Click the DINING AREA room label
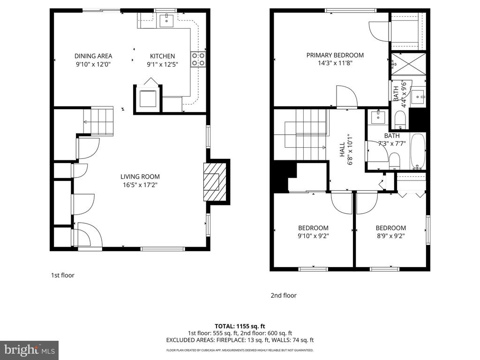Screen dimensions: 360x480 93,56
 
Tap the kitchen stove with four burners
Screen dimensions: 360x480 198,59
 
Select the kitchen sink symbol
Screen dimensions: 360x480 167,20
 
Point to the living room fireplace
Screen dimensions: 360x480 216,180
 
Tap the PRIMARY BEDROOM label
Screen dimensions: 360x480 335,55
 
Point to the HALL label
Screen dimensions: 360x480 342,150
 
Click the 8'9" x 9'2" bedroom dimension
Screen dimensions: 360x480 390,236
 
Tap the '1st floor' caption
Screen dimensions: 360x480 62,276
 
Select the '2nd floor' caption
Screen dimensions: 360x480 283,295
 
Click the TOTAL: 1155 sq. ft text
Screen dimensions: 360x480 240,326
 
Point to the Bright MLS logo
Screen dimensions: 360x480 29,350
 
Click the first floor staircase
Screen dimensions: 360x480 98,121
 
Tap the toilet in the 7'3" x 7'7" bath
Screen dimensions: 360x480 395,161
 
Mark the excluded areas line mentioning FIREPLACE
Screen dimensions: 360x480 240,340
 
